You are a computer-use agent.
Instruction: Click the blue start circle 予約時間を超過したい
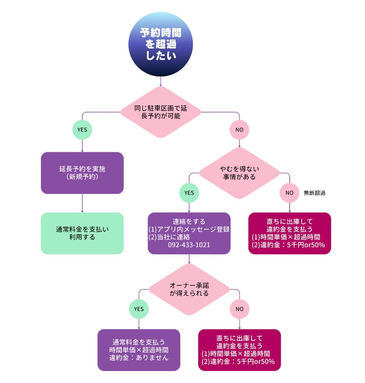point(161,44)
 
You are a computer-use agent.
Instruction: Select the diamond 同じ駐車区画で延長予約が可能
point(160,112)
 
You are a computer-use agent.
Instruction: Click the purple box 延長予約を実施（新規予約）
point(82,173)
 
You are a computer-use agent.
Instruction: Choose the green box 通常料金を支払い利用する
point(82,233)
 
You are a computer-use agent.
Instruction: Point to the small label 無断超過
point(315,193)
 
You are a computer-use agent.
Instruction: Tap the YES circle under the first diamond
point(82,130)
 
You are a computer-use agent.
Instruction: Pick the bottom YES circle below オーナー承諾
point(139,309)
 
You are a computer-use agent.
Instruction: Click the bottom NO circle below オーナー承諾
point(239,309)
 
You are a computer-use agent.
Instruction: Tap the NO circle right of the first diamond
point(239,130)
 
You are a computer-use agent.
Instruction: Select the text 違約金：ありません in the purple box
point(139,358)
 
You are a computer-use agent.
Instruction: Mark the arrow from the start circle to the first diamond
point(160,81)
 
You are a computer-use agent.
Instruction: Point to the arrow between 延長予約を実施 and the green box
point(82,203)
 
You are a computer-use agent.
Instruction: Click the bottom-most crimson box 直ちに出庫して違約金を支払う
point(239,350)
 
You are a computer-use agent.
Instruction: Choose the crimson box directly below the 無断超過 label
point(290,233)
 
